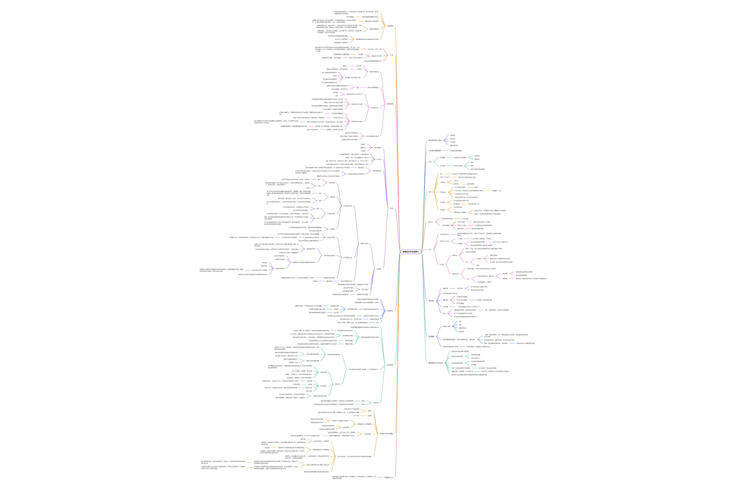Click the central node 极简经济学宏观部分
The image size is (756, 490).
click(x=411, y=251)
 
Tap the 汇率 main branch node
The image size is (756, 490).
click(x=391, y=55)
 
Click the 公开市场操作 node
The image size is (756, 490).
click(x=331, y=213)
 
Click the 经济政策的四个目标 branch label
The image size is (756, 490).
click(x=435, y=140)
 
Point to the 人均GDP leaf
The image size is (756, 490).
click(x=456, y=181)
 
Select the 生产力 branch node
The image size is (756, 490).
click(x=430, y=222)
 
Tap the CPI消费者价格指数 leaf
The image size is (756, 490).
click(x=462, y=297)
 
